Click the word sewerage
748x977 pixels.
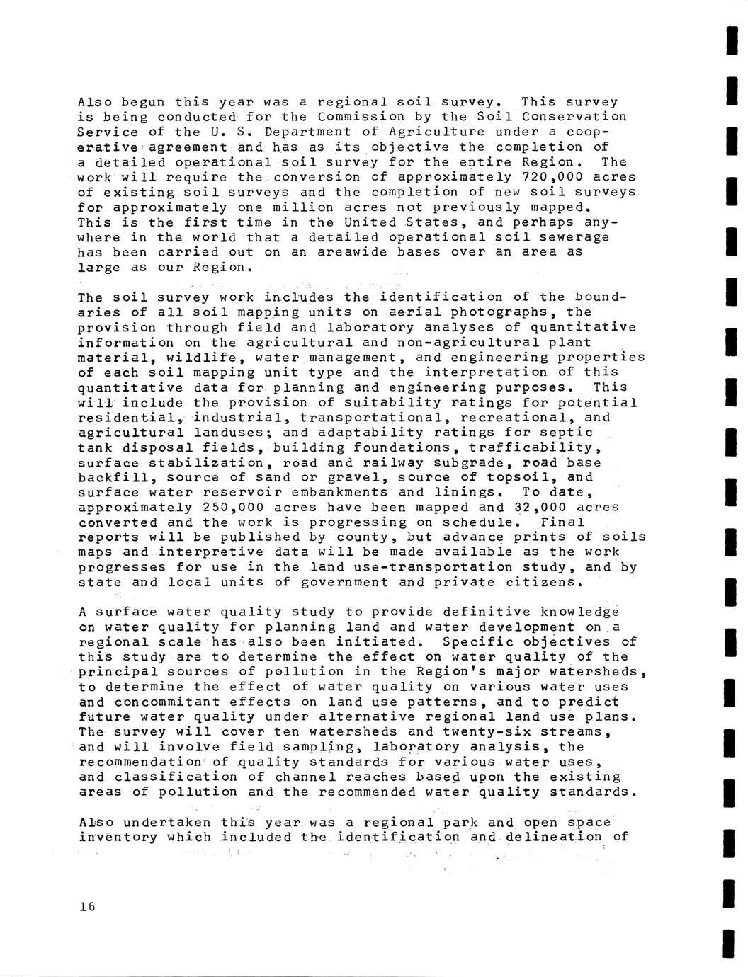coord(569,237)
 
